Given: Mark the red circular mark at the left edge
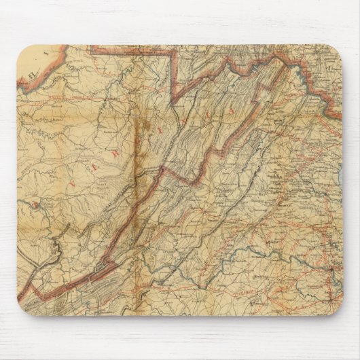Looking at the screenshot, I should point(31,203).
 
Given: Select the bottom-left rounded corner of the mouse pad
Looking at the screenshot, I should point(23,309).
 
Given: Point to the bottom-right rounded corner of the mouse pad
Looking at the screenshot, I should point(336,309).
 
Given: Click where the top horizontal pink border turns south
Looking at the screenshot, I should point(177,52).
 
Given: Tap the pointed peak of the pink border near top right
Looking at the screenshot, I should point(279,58).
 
